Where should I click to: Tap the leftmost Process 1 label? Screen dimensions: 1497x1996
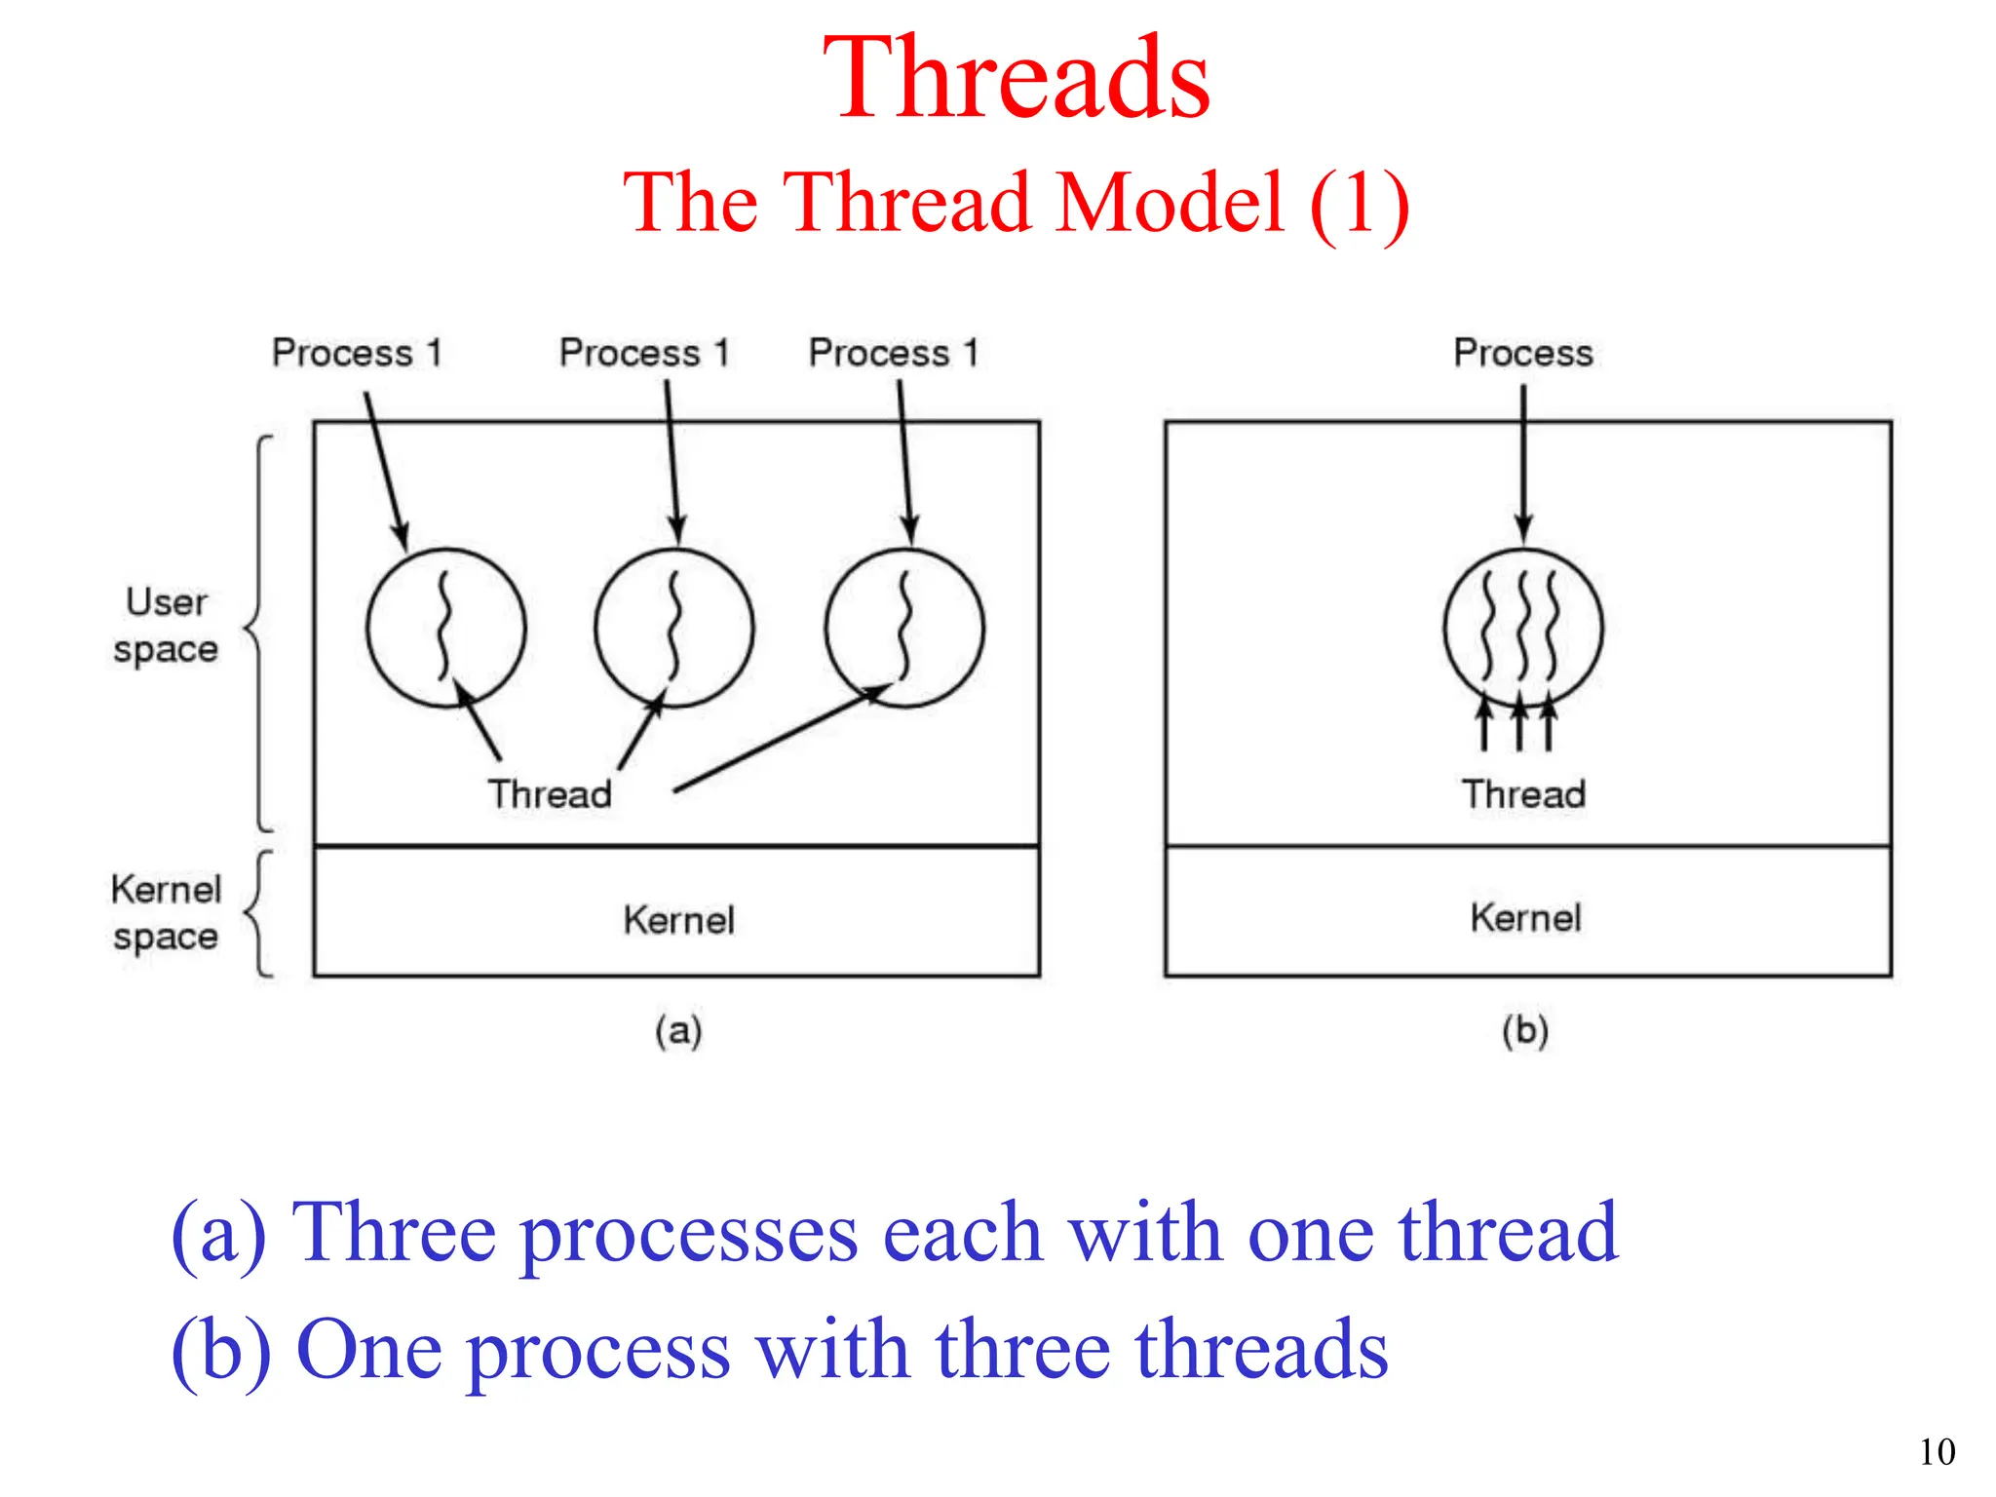pyautogui.click(x=357, y=352)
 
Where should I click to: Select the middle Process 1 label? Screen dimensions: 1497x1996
pyautogui.click(x=644, y=352)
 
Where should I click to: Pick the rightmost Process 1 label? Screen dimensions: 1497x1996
pyautogui.click(x=893, y=352)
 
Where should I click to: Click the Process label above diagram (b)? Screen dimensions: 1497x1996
pyautogui.click(x=1522, y=352)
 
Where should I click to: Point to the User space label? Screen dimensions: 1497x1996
pyautogui.click(x=166, y=625)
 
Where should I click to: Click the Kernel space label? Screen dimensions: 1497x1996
pyautogui.click(x=166, y=912)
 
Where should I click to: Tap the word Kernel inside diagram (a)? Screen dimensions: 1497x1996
pyautogui.click(x=678, y=919)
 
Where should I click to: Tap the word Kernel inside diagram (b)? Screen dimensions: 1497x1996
pyautogui.click(x=1525, y=917)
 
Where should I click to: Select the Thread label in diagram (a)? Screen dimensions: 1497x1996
pyautogui.click(x=550, y=793)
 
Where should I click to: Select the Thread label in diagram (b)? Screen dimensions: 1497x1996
pyautogui.click(x=1523, y=793)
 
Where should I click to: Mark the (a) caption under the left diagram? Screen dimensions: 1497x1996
pyautogui.click(x=678, y=1030)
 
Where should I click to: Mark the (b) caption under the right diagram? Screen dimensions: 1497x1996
pyautogui.click(x=1525, y=1030)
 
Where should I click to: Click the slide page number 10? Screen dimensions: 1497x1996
pyautogui.click(x=1937, y=1452)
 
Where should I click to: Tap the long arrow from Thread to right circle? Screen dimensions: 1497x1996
pyautogui.click(x=780, y=738)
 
